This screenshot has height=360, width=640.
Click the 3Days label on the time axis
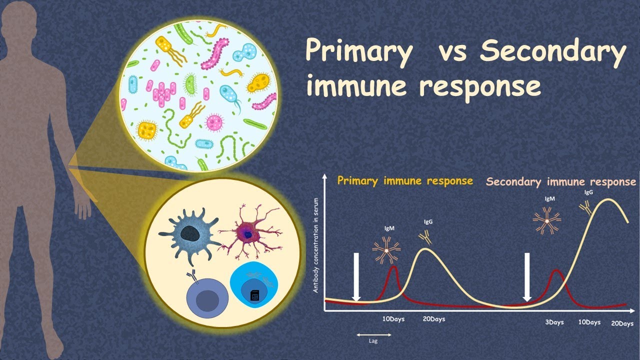[x=553, y=322]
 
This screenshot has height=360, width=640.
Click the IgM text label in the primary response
[x=388, y=228]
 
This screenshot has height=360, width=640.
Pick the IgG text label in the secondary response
[x=588, y=191]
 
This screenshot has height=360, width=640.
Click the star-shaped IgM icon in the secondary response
[x=546, y=220]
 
